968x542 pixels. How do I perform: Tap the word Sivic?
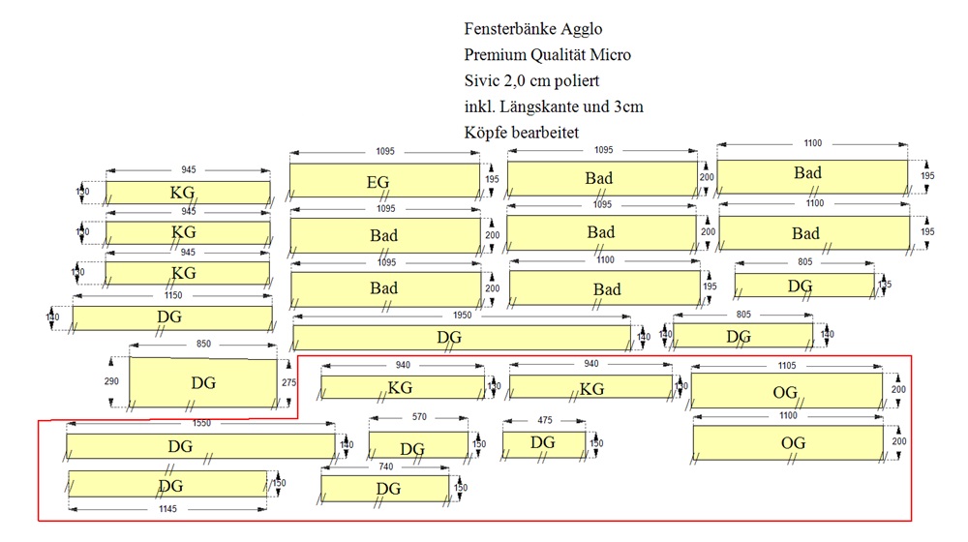483,80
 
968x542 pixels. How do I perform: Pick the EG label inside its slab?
383,181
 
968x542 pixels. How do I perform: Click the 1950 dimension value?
462,316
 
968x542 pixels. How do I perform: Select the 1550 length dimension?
201,424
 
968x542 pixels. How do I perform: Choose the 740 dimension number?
385,466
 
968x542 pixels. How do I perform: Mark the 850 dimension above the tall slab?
203,344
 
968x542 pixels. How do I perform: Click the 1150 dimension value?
171,295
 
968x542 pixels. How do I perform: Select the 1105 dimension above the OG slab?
787,365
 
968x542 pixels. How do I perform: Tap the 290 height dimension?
111,382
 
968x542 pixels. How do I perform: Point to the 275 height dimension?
287,383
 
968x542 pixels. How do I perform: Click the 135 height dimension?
885,286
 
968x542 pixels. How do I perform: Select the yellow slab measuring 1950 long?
462,337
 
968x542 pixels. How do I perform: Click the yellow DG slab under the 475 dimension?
543,444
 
